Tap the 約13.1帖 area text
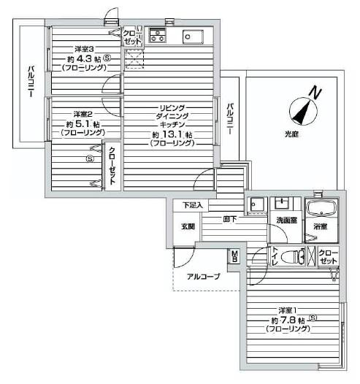[172, 135]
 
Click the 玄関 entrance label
[188, 226]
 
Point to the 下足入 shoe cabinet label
[193, 205]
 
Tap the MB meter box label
[235, 256]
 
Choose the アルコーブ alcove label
[203, 277]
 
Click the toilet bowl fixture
[292, 256]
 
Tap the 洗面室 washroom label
[285, 219]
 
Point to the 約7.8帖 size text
[286, 319]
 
